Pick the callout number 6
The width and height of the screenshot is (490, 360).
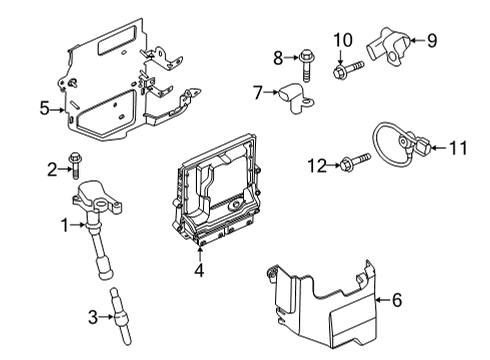pos(397,298)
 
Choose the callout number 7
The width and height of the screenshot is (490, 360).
pos(258,93)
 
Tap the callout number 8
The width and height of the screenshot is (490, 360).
pos(281,57)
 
